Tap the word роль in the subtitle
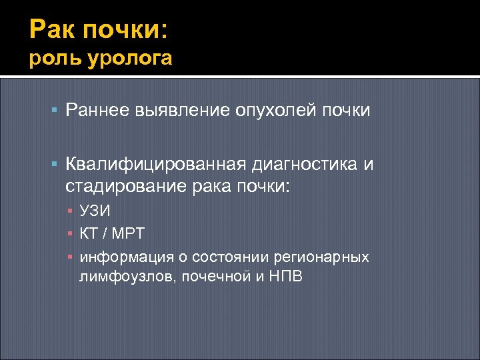pos(50,59)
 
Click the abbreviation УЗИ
pos(95,211)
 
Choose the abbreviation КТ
pos(89,234)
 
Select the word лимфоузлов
pos(123,276)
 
